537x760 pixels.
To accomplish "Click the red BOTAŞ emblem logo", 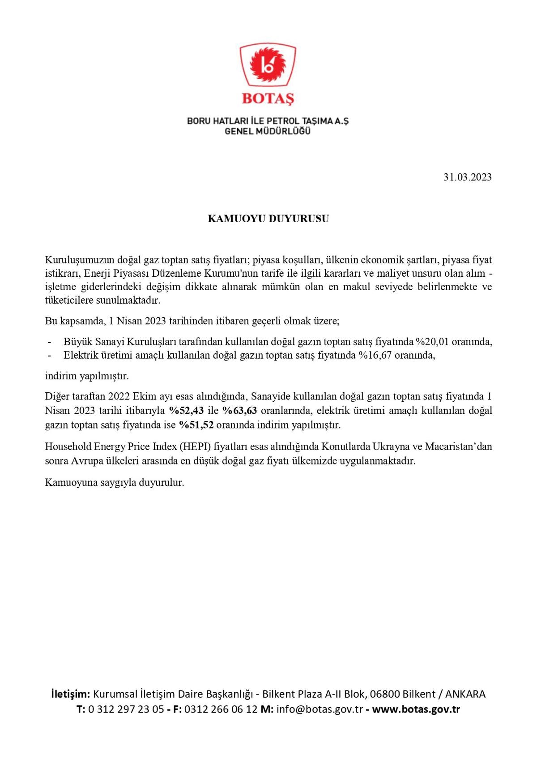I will (268, 65).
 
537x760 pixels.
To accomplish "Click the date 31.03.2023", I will (467, 177).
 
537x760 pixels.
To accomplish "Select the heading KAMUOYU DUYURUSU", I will (268, 219).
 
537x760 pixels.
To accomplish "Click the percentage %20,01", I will (432, 342).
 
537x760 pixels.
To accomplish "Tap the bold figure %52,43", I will (186, 411).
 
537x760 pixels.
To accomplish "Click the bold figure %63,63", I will (239, 411).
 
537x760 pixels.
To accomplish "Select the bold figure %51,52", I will (196, 425).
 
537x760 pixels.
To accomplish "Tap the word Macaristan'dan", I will (459, 447).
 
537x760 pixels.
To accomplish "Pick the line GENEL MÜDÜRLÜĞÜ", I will (268, 132).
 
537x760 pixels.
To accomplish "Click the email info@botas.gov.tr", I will (320, 709).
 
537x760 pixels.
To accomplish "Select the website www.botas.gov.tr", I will (416, 709).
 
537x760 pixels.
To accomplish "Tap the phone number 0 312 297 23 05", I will (126, 709).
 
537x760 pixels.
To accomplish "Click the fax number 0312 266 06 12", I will (221, 709).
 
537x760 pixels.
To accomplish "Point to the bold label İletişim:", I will (71, 694).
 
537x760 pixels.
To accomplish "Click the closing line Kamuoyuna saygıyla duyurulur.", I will (115, 483).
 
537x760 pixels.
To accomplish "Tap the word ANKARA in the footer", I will (465, 694).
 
